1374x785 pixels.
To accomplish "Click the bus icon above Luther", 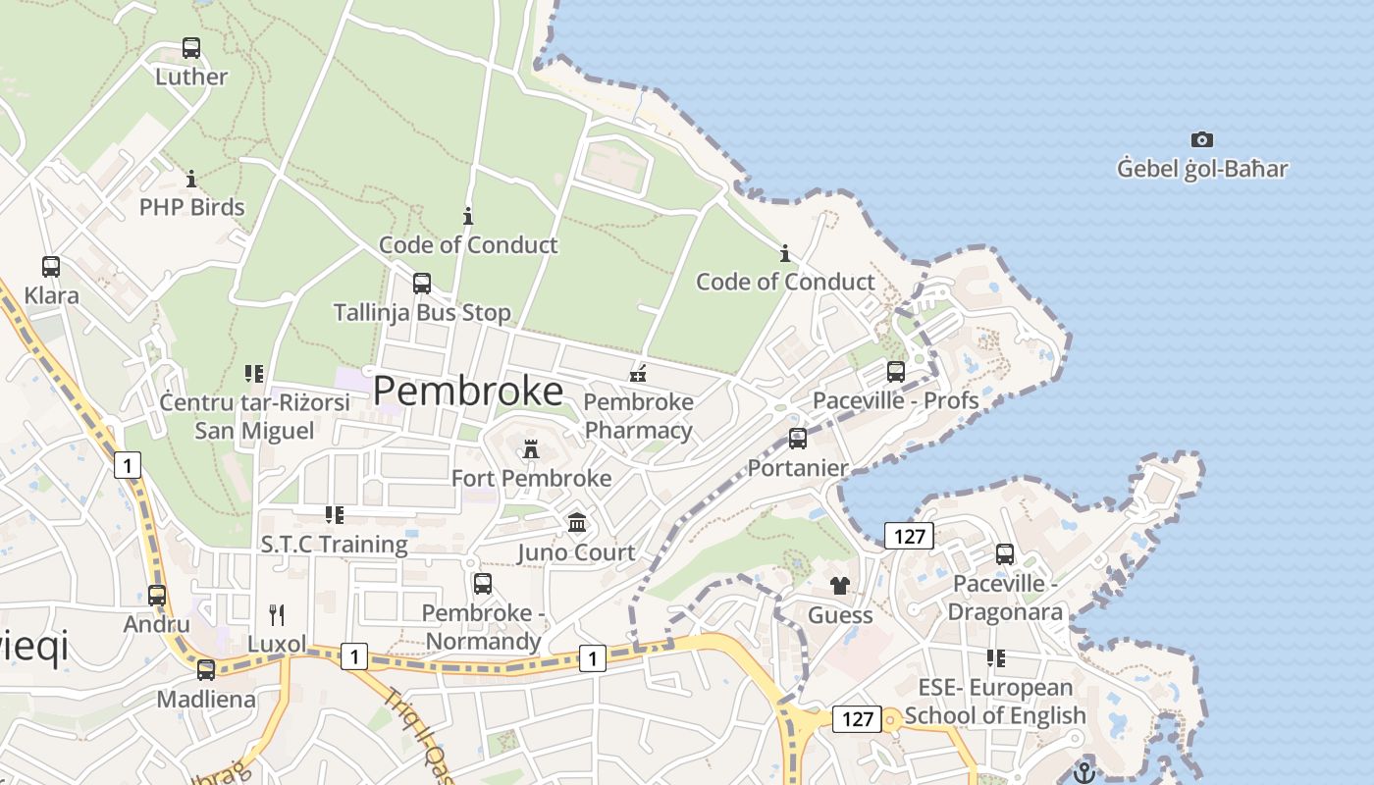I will (x=191, y=47).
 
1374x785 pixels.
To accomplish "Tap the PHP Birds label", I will (x=191, y=207).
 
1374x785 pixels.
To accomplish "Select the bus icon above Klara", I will (x=51, y=266).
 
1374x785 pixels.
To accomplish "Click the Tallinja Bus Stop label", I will (x=422, y=313).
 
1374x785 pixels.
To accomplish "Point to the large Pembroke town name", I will (x=468, y=392).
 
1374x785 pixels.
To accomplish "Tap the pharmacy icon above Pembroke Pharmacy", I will (x=639, y=373).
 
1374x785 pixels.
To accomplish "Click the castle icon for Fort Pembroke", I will (x=531, y=449).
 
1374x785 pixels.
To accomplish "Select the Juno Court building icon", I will (x=577, y=523).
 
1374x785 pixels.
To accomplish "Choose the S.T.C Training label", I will (x=334, y=545).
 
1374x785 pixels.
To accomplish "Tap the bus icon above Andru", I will (x=157, y=595).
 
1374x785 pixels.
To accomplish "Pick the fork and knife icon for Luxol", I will (x=277, y=615).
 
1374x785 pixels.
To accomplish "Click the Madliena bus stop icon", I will (x=206, y=670).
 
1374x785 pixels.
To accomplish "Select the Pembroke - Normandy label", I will (x=482, y=627).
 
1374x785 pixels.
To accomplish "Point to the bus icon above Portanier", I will (x=798, y=438).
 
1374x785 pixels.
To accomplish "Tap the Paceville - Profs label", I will (x=895, y=400).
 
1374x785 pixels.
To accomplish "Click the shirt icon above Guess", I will (x=840, y=586).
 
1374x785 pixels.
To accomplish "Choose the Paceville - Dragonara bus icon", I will (x=1005, y=554).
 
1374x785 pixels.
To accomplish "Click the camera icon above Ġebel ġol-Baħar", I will (x=1202, y=139).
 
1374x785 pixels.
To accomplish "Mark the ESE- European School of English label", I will (x=995, y=702).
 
